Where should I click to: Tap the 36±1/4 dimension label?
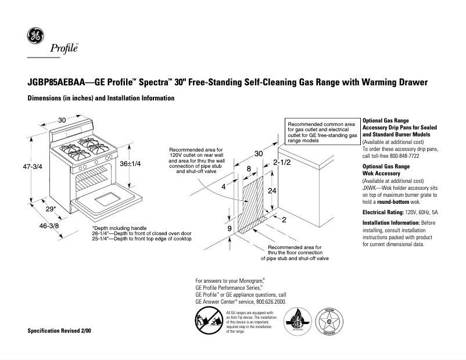pos(130,164)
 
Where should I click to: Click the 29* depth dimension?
pos(51,208)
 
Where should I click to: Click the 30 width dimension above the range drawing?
pos(62,120)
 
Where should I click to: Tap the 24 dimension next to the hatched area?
pos(271,190)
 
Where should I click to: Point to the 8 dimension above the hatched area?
pos(249,168)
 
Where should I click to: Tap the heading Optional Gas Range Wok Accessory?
pos(386,170)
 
